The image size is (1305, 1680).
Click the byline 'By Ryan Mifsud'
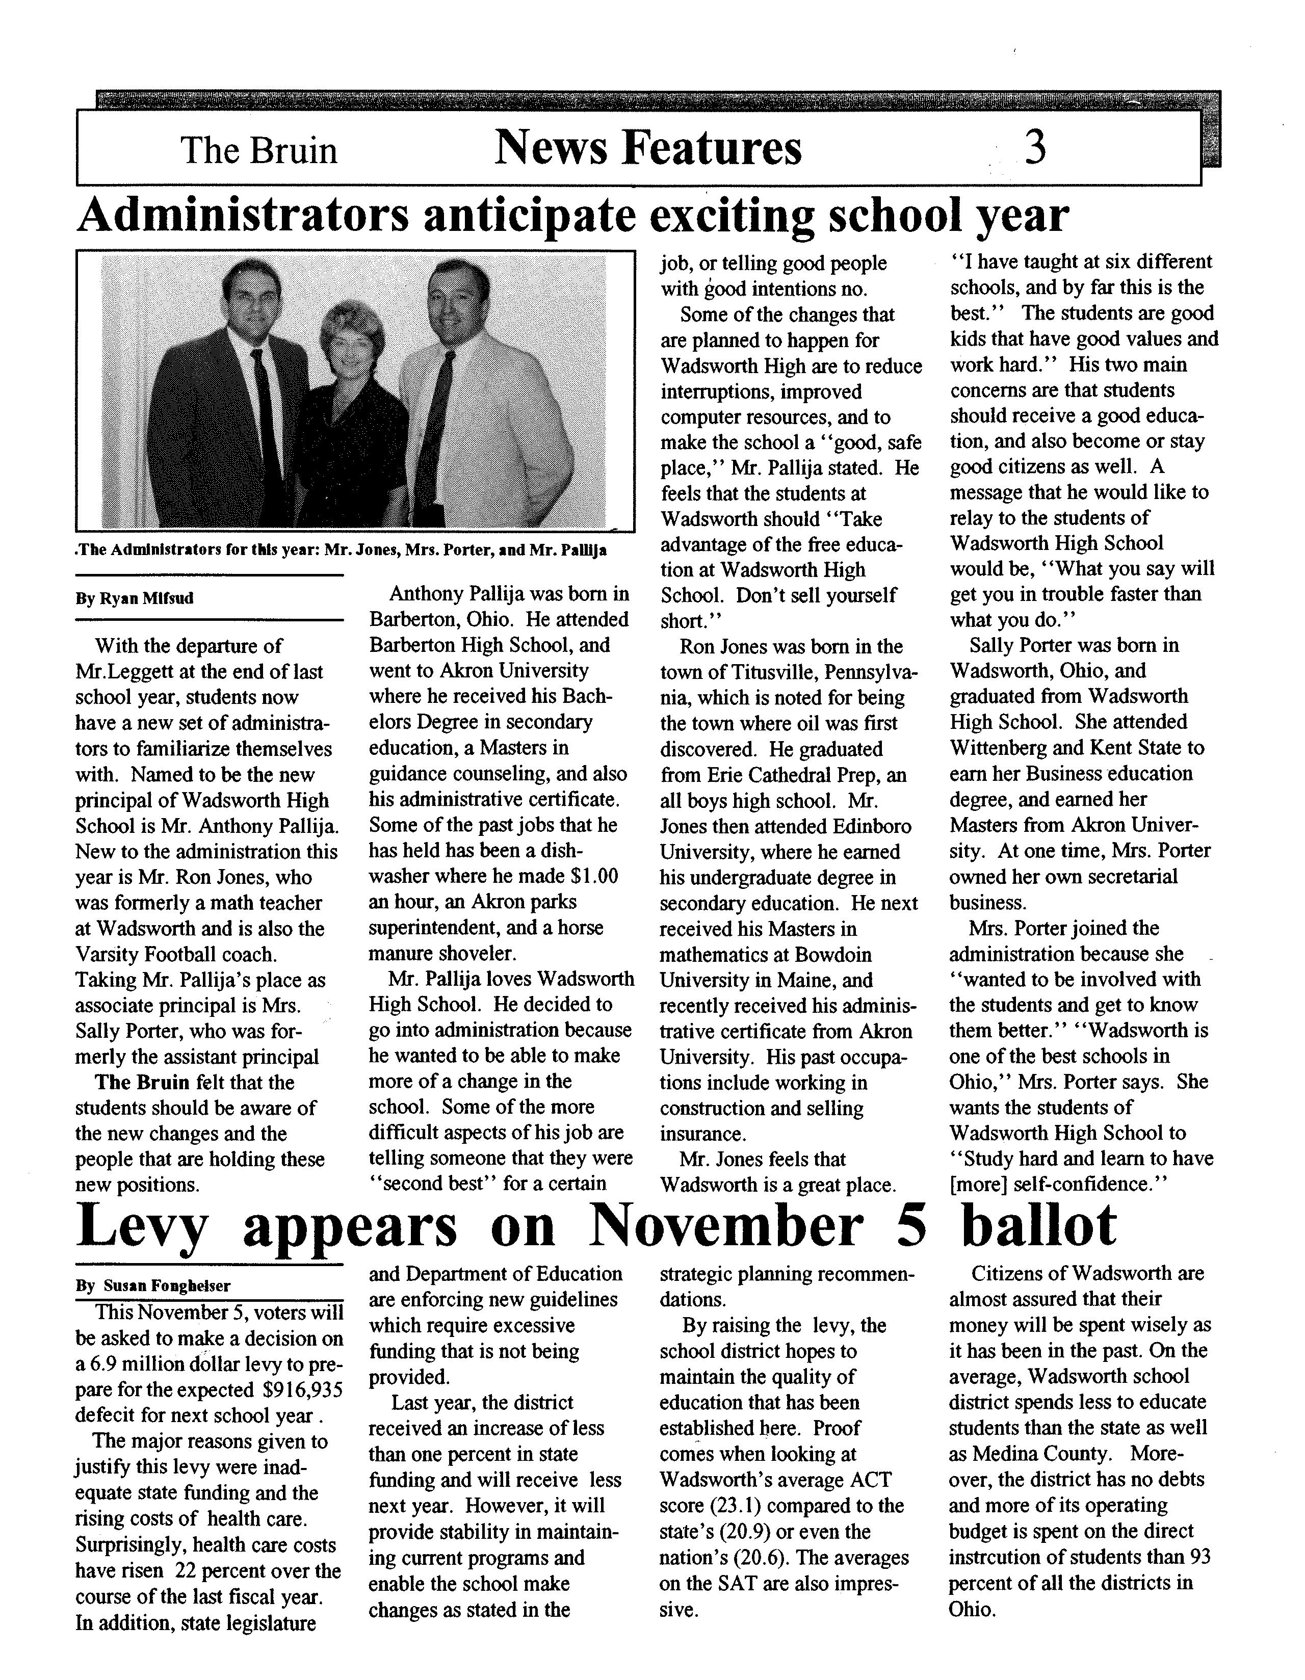point(135,598)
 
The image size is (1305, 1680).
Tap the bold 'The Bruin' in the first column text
point(142,1082)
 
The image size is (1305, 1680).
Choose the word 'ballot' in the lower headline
point(1039,1225)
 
